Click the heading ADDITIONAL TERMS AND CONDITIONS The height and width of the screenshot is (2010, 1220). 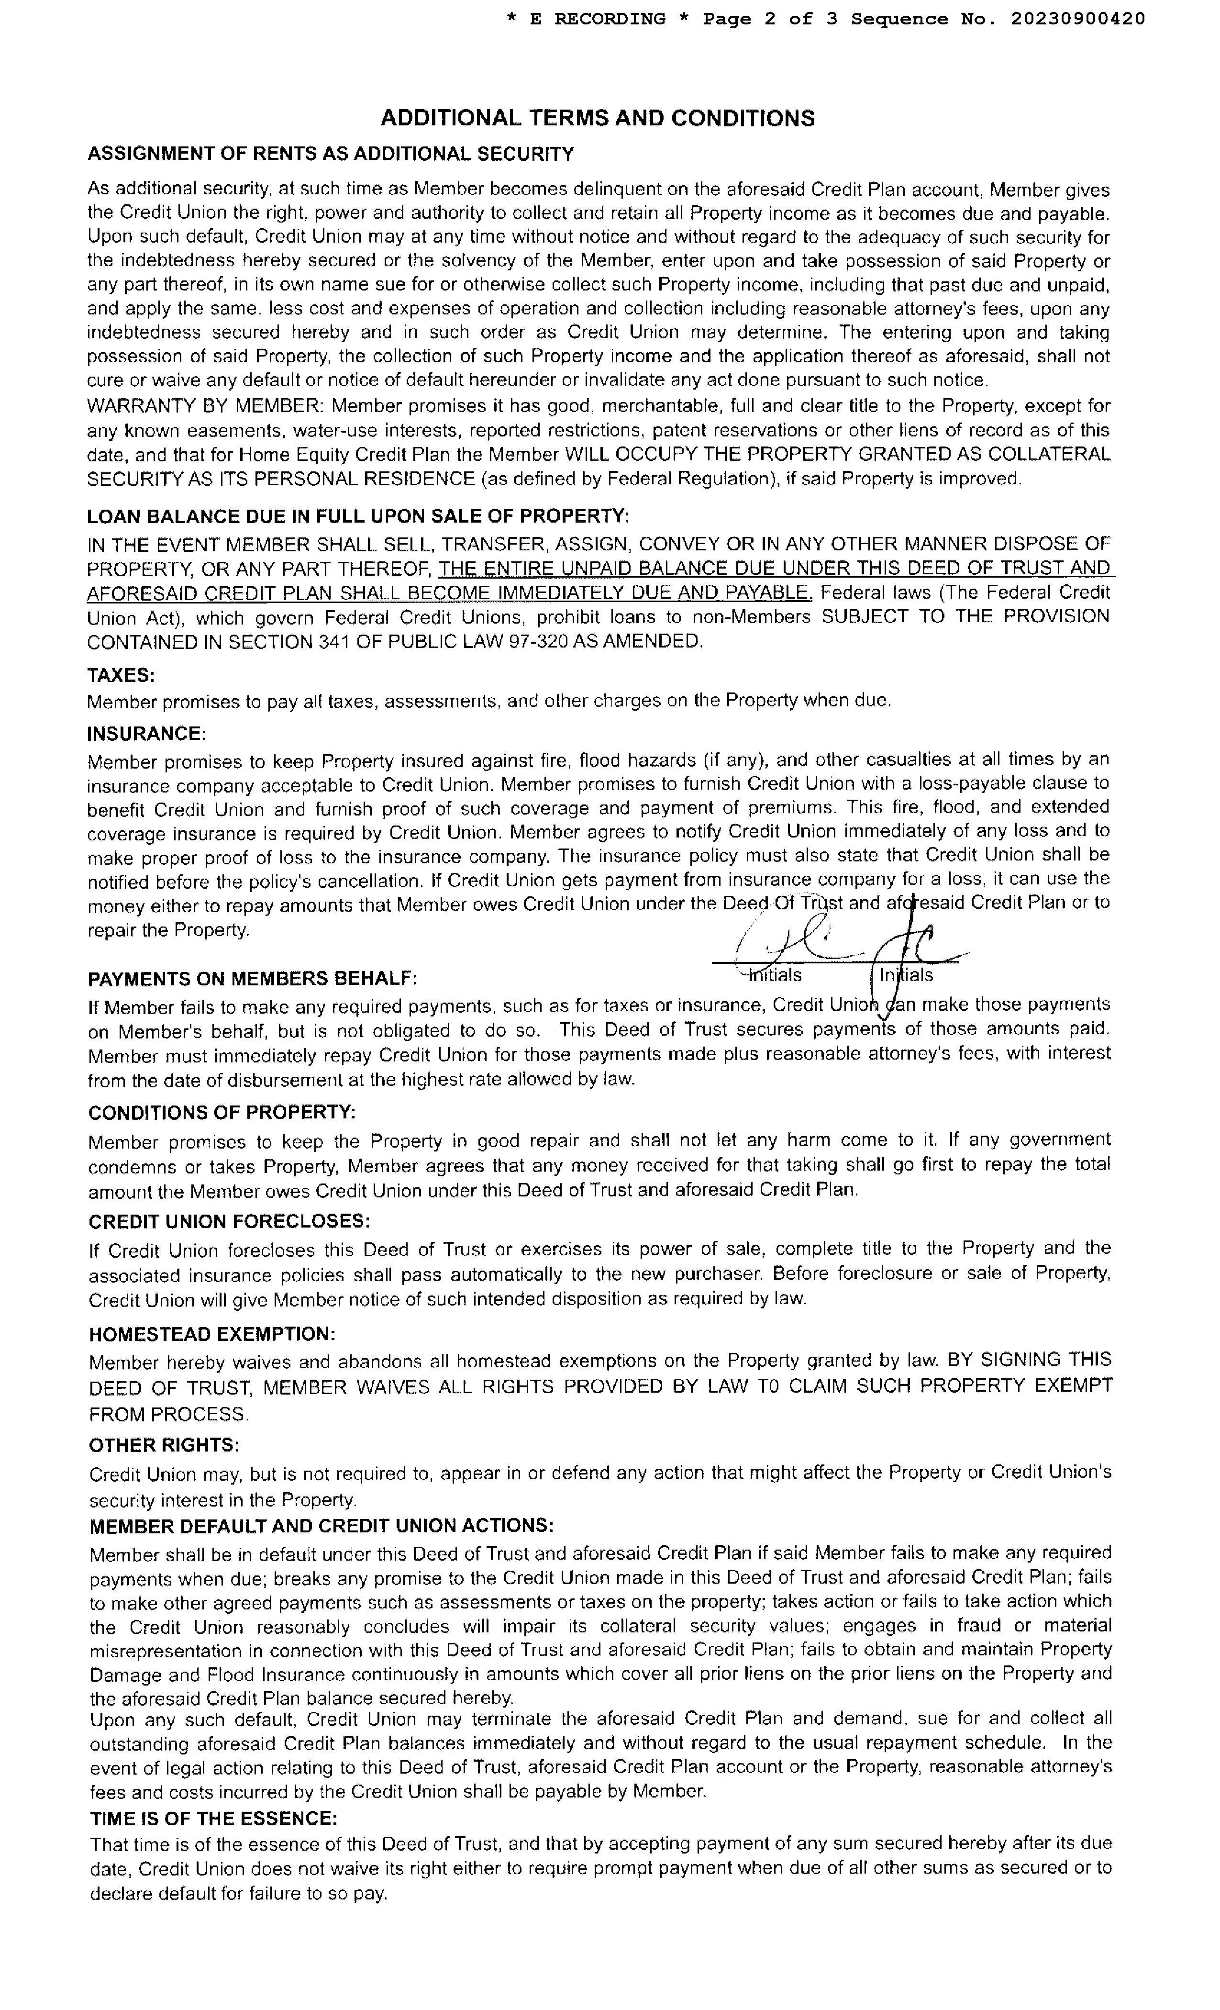click(597, 118)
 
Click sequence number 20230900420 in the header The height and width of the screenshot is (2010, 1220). click(1077, 19)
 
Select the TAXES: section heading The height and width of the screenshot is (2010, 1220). click(121, 675)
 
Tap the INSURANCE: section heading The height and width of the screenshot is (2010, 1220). click(147, 733)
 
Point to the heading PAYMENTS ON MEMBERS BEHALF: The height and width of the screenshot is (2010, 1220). click(252, 978)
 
